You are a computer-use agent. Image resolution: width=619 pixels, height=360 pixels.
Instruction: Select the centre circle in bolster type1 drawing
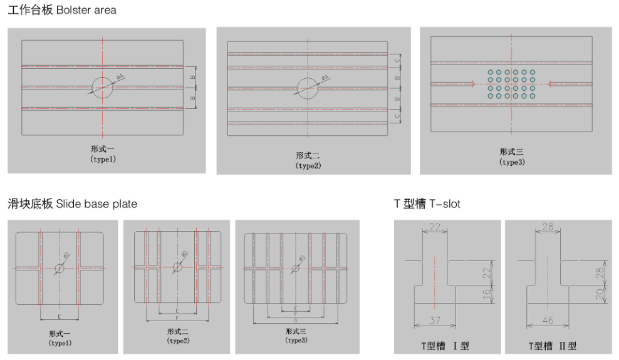coord(103,87)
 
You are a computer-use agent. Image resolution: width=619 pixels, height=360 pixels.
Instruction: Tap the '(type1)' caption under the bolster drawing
coord(103,159)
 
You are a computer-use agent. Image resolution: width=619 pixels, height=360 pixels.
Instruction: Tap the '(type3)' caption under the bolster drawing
coord(512,162)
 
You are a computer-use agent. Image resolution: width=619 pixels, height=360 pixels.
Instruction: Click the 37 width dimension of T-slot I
coord(435,321)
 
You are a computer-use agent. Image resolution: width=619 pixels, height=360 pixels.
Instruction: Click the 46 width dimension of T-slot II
coord(548,321)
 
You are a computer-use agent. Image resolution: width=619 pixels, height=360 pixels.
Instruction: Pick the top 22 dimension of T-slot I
coord(435,227)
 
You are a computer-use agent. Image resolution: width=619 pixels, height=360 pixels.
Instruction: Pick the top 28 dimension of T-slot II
coord(548,227)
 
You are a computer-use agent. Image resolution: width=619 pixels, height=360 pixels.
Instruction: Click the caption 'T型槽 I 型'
coord(444,346)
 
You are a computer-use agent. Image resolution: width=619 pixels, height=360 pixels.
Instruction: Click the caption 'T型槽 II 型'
coord(551,346)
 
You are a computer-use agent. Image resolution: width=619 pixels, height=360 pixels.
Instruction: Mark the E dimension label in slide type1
coord(60,317)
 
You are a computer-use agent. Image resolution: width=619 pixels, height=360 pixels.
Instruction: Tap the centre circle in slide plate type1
coord(59,268)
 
